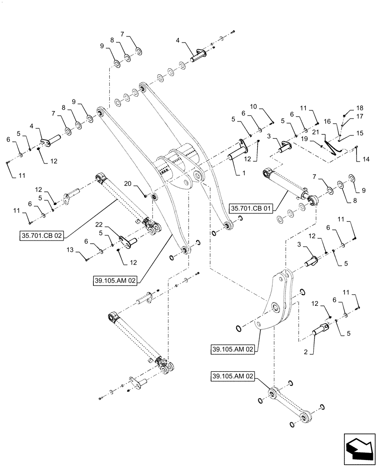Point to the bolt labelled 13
[x=87, y=256]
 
